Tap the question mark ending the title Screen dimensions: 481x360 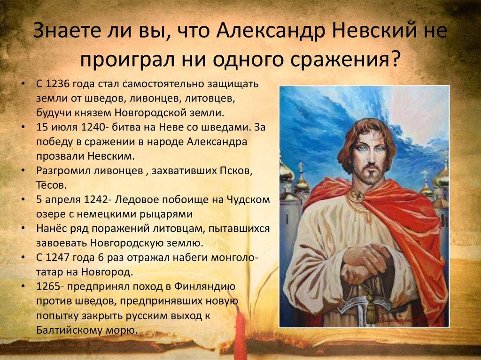tap(395, 59)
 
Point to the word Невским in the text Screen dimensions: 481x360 tap(111, 156)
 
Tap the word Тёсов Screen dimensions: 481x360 tap(51, 185)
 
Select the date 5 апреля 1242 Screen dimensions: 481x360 tap(72, 199)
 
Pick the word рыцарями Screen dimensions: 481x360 tap(166, 214)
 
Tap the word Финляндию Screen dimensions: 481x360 tap(205, 286)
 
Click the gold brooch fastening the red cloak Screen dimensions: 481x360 tap(356, 195)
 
